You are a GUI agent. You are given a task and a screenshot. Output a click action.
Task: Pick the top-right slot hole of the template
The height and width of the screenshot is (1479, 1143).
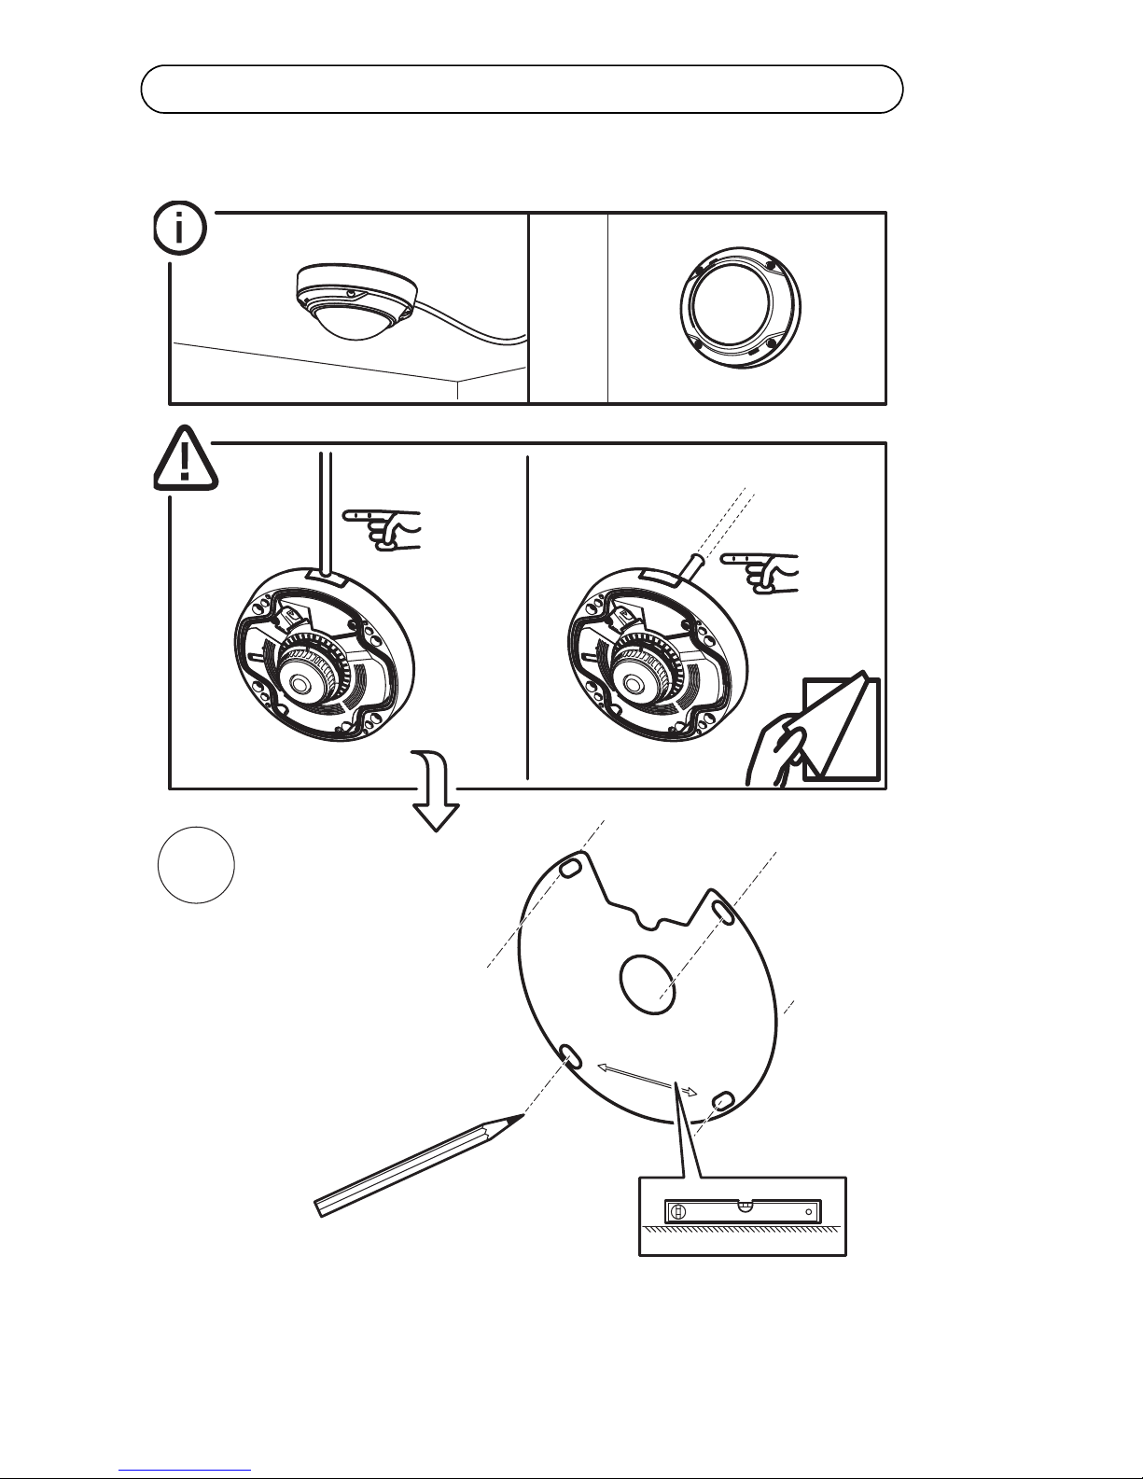coord(723,908)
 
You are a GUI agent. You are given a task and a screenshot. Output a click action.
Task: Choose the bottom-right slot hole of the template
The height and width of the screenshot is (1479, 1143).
coord(723,1103)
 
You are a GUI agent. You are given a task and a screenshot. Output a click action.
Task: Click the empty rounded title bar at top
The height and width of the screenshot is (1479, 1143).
coord(522,90)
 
